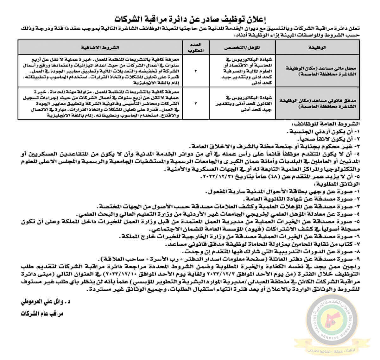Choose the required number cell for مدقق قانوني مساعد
pos(196,103)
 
